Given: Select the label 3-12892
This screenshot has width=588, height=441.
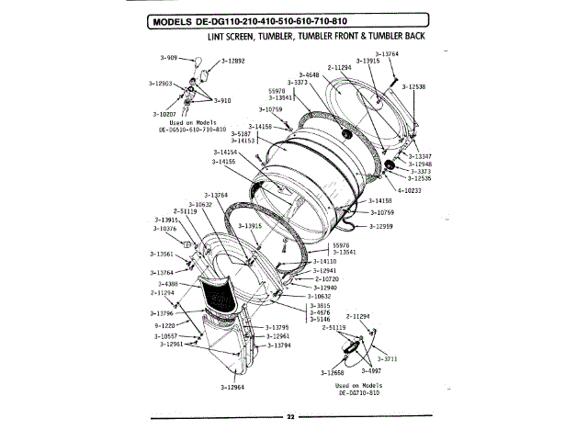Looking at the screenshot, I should click(233, 61).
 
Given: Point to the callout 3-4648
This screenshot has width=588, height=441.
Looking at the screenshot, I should click(310, 74).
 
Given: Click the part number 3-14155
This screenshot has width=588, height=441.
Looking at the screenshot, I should click(223, 162).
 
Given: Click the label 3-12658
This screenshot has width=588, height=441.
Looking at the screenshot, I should click(333, 373).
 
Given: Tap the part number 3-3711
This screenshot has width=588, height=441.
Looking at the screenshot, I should click(385, 358).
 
